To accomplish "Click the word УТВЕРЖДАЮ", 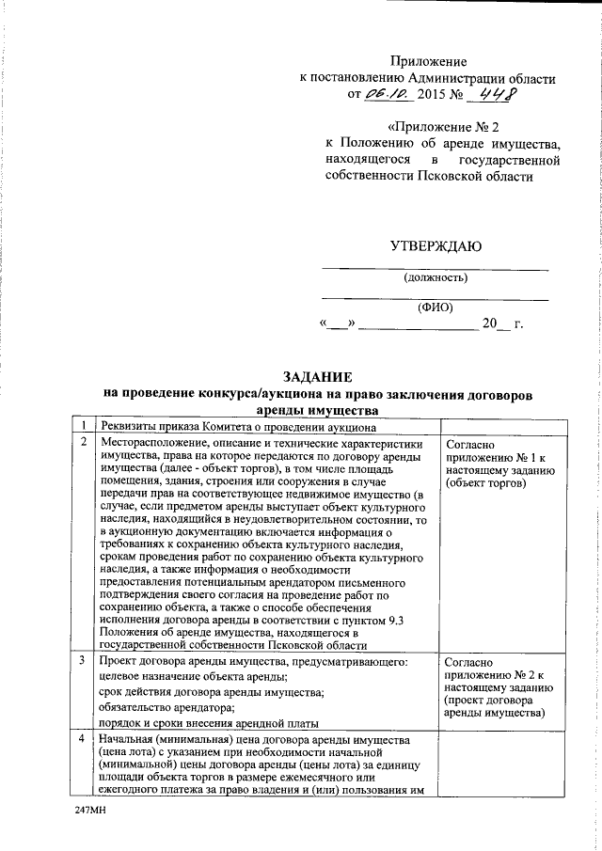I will tap(436, 247).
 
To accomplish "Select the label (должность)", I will tap(436, 277).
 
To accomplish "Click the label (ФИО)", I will tap(436, 307).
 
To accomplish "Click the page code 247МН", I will tap(91, 809).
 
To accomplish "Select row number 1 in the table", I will tap(85, 426).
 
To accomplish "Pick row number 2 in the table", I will tap(85, 442).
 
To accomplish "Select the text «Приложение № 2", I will tap(441, 126).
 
